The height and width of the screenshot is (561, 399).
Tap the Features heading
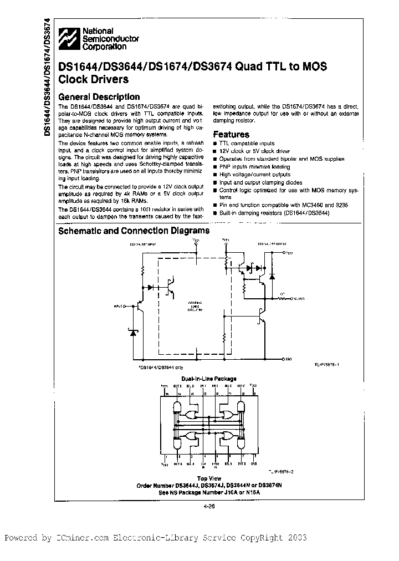[231, 134]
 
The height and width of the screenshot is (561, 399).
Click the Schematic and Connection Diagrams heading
[134, 231]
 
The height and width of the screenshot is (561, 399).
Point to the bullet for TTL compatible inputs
[215, 144]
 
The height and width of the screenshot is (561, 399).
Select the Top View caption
[209, 478]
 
